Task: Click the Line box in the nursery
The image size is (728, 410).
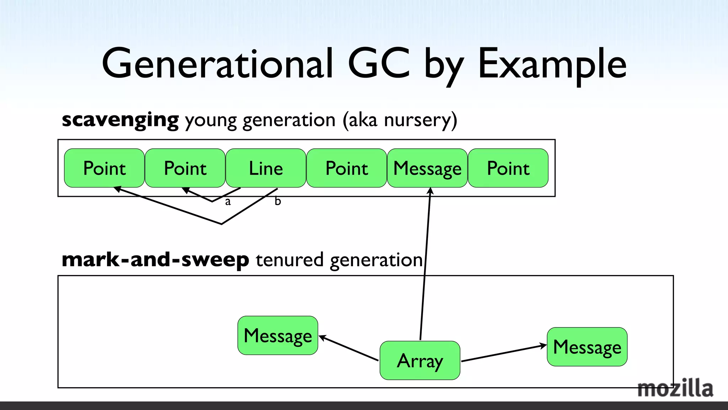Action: pos(266,168)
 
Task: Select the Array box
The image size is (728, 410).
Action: pos(420,361)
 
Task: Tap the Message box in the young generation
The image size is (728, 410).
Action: pos(427,168)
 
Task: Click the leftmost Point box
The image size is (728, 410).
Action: pos(105,168)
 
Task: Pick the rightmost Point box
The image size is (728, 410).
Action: pos(508,168)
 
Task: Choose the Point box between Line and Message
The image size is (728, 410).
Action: pos(347,168)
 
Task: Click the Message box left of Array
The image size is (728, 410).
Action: pos(278,335)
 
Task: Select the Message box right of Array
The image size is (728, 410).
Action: pos(587,347)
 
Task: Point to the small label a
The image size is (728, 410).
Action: pos(228,202)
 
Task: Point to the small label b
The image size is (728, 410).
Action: pos(278,201)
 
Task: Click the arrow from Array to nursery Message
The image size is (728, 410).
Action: pos(425,263)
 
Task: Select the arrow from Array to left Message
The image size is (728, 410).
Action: pos(348,348)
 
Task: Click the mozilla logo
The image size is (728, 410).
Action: pos(675,388)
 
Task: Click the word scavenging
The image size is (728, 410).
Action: pos(120,120)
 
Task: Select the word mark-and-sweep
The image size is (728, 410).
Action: pos(155,260)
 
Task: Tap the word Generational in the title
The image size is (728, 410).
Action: pos(218,64)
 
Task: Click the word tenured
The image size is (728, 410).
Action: pos(289,260)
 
